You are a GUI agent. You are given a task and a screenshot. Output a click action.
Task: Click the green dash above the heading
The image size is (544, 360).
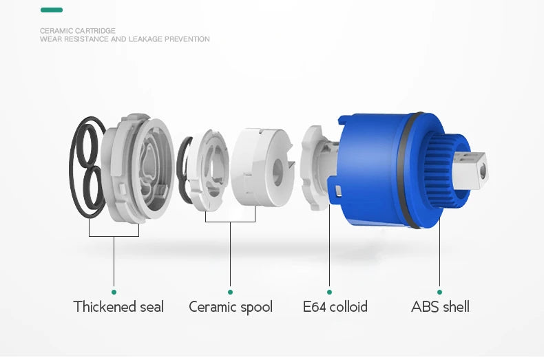(x=52, y=10)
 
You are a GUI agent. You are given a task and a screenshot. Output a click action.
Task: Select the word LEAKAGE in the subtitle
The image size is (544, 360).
(x=145, y=39)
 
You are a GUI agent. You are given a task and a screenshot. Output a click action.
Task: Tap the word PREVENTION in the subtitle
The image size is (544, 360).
(x=187, y=39)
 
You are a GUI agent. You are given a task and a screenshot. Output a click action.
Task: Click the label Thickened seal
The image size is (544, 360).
(x=118, y=307)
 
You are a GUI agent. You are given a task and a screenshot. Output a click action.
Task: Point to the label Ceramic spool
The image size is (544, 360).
(x=231, y=307)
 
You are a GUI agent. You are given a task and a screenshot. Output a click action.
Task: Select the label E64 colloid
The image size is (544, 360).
(x=335, y=307)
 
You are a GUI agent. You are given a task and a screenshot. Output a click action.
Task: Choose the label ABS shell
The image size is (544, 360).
(x=440, y=307)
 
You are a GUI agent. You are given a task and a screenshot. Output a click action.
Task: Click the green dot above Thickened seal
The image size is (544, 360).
(x=114, y=292)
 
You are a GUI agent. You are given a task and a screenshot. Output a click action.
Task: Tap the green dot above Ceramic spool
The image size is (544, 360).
(x=231, y=292)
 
